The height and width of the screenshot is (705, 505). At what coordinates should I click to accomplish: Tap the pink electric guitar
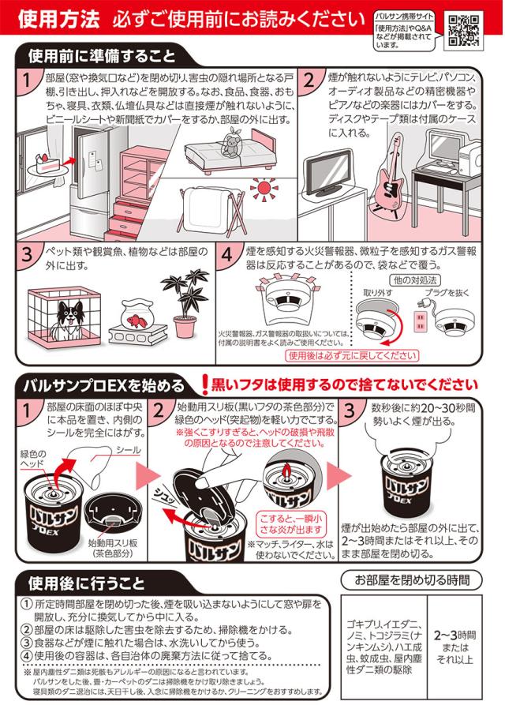[x=391, y=175]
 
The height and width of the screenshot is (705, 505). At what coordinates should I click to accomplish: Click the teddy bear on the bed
[x=231, y=141]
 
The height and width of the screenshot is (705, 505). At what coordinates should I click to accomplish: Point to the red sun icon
[x=264, y=187]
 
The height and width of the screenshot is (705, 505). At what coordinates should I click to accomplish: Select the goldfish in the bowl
[x=136, y=320]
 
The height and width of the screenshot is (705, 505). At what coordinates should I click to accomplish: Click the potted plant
[x=185, y=302]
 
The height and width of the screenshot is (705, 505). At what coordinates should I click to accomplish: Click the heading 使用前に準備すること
[x=102, y=57]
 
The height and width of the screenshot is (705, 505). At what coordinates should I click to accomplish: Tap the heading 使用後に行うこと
[x=87, y=583]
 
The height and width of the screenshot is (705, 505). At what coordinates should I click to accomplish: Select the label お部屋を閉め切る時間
[x=412, y=580]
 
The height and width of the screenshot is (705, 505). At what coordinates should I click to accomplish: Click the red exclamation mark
[x=205, y=385]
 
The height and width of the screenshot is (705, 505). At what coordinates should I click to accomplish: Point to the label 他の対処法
[x=415, y=280]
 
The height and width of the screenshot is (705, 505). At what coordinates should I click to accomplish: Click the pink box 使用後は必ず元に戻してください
[x=352, y=356]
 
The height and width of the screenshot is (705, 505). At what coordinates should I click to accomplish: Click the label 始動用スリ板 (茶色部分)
[x=113, y=548]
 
